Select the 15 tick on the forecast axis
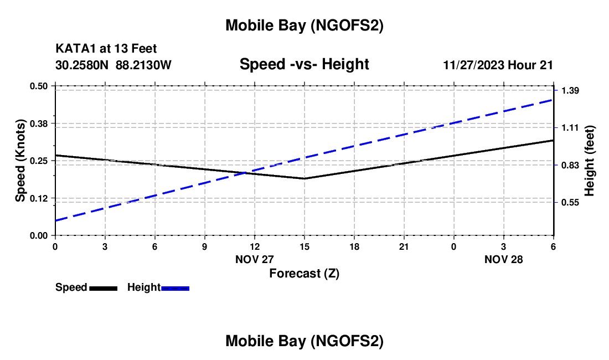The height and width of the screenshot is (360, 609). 304,246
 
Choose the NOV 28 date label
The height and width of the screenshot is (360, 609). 503,259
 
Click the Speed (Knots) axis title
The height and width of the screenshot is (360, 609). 20,161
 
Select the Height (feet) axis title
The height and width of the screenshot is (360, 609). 590,161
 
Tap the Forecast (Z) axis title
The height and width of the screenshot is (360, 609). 304,273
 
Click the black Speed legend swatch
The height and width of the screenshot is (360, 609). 104,287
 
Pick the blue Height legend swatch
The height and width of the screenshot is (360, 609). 175,287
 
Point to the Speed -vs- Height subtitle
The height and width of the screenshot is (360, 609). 304,64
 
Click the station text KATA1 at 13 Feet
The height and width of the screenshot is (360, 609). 106,49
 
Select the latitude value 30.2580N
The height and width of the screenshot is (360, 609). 82,65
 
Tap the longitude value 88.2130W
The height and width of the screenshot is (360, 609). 143,65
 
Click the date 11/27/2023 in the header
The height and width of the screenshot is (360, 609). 473,65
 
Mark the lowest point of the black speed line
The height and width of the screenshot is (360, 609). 304,178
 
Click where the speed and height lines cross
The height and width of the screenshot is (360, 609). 244,173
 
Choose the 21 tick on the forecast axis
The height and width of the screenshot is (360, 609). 404,246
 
